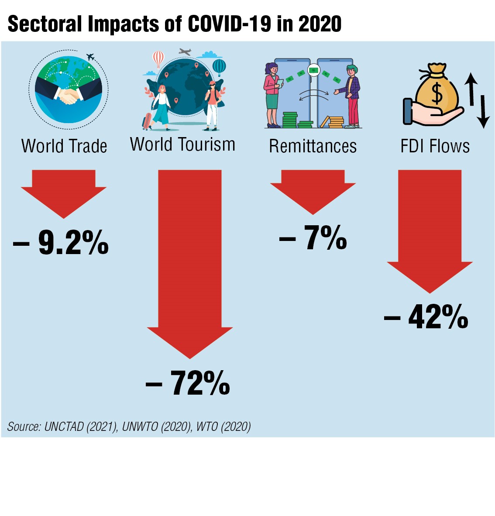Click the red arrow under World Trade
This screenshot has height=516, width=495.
click(64, 192)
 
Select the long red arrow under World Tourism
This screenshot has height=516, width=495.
click(190, 262)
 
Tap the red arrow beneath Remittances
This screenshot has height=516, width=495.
click(313, 190)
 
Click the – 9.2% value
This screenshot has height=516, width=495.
click(61, 242)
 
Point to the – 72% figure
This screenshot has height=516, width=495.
click(188, 383)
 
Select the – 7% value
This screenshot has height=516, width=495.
click(313, 238)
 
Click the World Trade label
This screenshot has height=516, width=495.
click(64, 146)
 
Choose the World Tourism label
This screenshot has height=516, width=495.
click(182, 144)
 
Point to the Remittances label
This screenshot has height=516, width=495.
click(313, 146)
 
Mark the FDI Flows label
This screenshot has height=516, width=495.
click(435, 146)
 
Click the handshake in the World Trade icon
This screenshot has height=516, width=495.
click(69, 96)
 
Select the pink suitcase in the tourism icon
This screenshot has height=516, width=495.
click(147, 121)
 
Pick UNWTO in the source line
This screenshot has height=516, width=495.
click(140, 427)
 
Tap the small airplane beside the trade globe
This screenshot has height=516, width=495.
click(90, 57)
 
